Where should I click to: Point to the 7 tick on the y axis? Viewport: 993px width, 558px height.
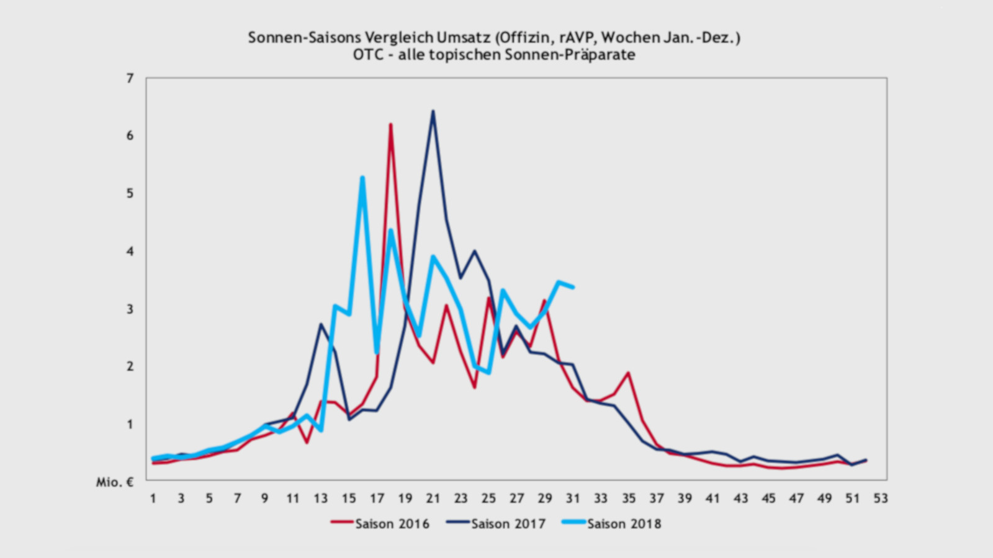coord(130,78)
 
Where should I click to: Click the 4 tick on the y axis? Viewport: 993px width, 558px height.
coord(130,251)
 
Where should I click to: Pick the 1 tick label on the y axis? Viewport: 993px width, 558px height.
coord(130,424)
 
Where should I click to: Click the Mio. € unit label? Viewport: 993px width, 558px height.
coord(115,482)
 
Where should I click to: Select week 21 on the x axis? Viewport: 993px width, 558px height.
coord(433,498)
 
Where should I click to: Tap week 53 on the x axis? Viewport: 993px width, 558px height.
coord(881,498)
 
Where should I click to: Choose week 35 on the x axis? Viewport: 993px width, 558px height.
coord(629,498)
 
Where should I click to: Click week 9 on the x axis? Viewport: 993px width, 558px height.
coord(265,498)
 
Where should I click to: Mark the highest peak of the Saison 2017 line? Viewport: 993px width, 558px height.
coord(433,112)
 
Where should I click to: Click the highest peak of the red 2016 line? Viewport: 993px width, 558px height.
coord(390,125)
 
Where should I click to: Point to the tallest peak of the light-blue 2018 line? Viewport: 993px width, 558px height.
coord(362,178)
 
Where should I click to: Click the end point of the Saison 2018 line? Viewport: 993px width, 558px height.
coord(572,287)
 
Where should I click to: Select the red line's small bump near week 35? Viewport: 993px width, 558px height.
coord(629,373)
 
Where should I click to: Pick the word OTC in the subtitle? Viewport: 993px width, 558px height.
coord(368,55)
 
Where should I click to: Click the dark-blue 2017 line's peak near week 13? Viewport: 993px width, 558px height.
coord(321,324)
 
